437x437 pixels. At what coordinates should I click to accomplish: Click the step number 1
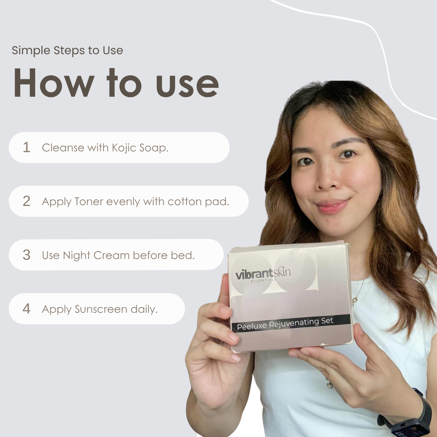pos(27,147)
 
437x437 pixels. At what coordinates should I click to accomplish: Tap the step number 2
pos(27,201)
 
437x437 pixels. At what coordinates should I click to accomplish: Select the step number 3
pos(27,255)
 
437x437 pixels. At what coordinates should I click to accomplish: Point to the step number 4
pos(27,309)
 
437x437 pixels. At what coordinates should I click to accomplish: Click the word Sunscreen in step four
pos(101,309)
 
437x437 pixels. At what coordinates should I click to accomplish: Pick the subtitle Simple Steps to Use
pos(67,51)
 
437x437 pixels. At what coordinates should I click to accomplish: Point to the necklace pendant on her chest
pos(355,301)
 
